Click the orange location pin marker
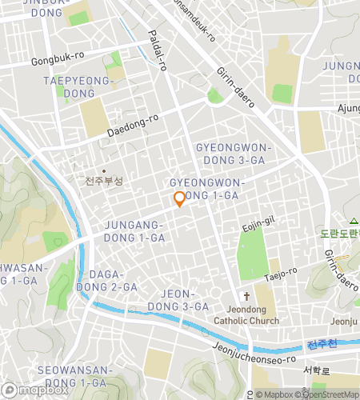(x=180, y=198)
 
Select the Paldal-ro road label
(x=157, y=51)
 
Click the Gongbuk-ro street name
(x=58, y=59)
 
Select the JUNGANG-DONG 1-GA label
(x=134, y=231)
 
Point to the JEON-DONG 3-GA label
(x=185, y=300)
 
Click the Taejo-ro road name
(x=280, y=274)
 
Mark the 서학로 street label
(x=317, y=370)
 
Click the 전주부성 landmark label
(x=104, y=181)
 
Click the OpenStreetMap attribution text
(x=329, y=394)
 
